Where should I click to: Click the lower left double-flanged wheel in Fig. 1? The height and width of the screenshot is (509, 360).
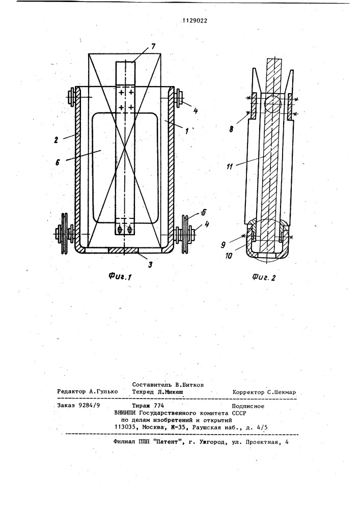point(64,234)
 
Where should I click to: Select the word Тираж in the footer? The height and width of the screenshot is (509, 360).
point(142,406)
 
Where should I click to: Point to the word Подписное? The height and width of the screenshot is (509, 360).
point(248,406)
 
